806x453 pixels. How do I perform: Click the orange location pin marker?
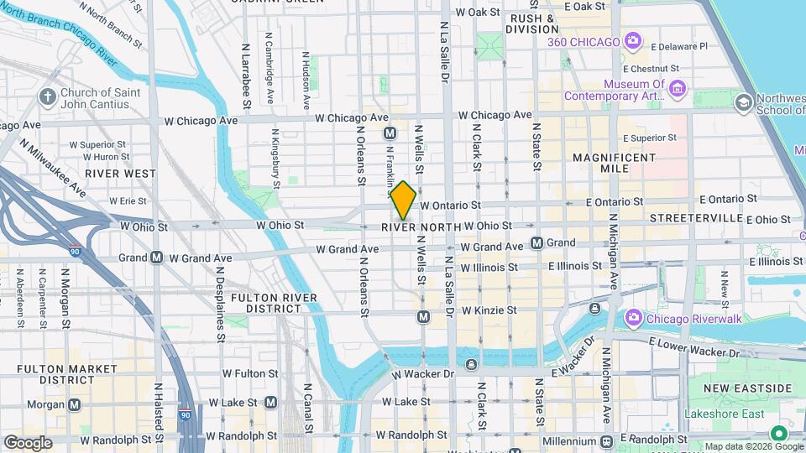[403, 200]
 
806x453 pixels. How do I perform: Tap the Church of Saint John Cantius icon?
[47, 97]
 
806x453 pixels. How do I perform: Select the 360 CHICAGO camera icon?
[632, 40]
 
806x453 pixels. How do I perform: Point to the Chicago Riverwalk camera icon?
[633, 318]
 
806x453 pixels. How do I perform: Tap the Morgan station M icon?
[75, 404]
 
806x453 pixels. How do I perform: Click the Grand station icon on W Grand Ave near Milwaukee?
[156, 258]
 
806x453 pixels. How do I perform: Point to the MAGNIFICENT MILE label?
[613, 163]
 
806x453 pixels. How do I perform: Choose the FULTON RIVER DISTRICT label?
[274, 303]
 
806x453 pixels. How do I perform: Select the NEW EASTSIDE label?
[747, 388]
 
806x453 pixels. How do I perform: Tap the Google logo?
[28, 443]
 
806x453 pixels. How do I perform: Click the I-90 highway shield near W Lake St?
[186, 414]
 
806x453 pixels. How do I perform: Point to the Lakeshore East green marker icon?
[778, 434]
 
